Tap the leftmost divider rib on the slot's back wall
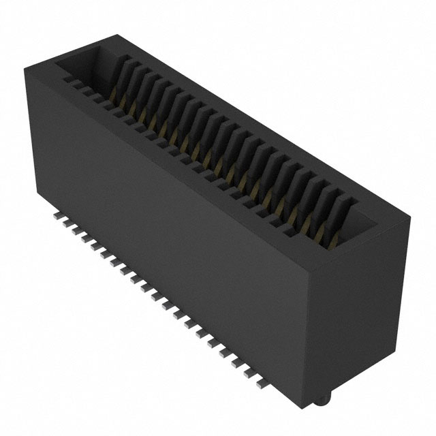[123, 68]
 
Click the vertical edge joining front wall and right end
[315, 320]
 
